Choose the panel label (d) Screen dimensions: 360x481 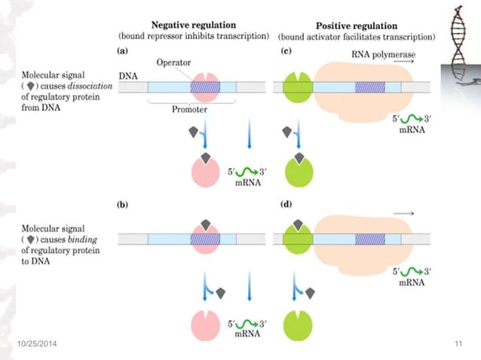click(286, 205)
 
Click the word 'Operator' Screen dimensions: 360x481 click(175, 64)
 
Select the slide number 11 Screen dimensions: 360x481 click(458, 344)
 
